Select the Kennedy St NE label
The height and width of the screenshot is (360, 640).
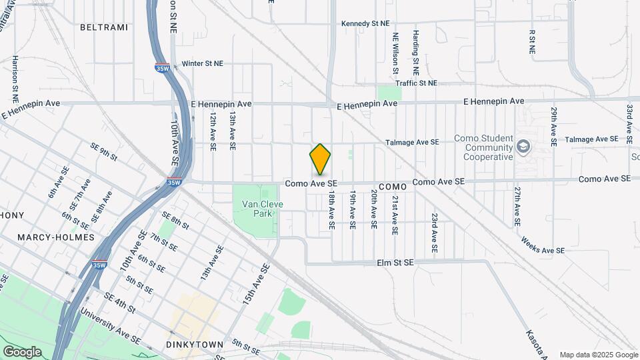tap(365, 23)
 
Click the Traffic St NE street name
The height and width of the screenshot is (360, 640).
tap(416, 83)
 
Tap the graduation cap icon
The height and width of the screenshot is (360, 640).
tap(524, 147)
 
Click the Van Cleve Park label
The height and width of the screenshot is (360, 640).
tap(257, 209)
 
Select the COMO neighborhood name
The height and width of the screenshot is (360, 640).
tap(392, 187)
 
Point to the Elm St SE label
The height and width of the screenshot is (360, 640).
tap(395, 263)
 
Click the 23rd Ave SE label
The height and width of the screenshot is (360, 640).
tap(434, 233)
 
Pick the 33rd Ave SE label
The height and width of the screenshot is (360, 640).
tap(629, 125)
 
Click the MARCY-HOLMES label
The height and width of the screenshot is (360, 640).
tap(47, 237)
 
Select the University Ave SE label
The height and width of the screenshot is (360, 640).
tap(111, 326)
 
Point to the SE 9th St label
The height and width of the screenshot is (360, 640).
tap(104, 152)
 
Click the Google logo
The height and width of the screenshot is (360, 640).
tap(22, 352)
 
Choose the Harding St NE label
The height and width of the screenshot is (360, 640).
tap(415, 51)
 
